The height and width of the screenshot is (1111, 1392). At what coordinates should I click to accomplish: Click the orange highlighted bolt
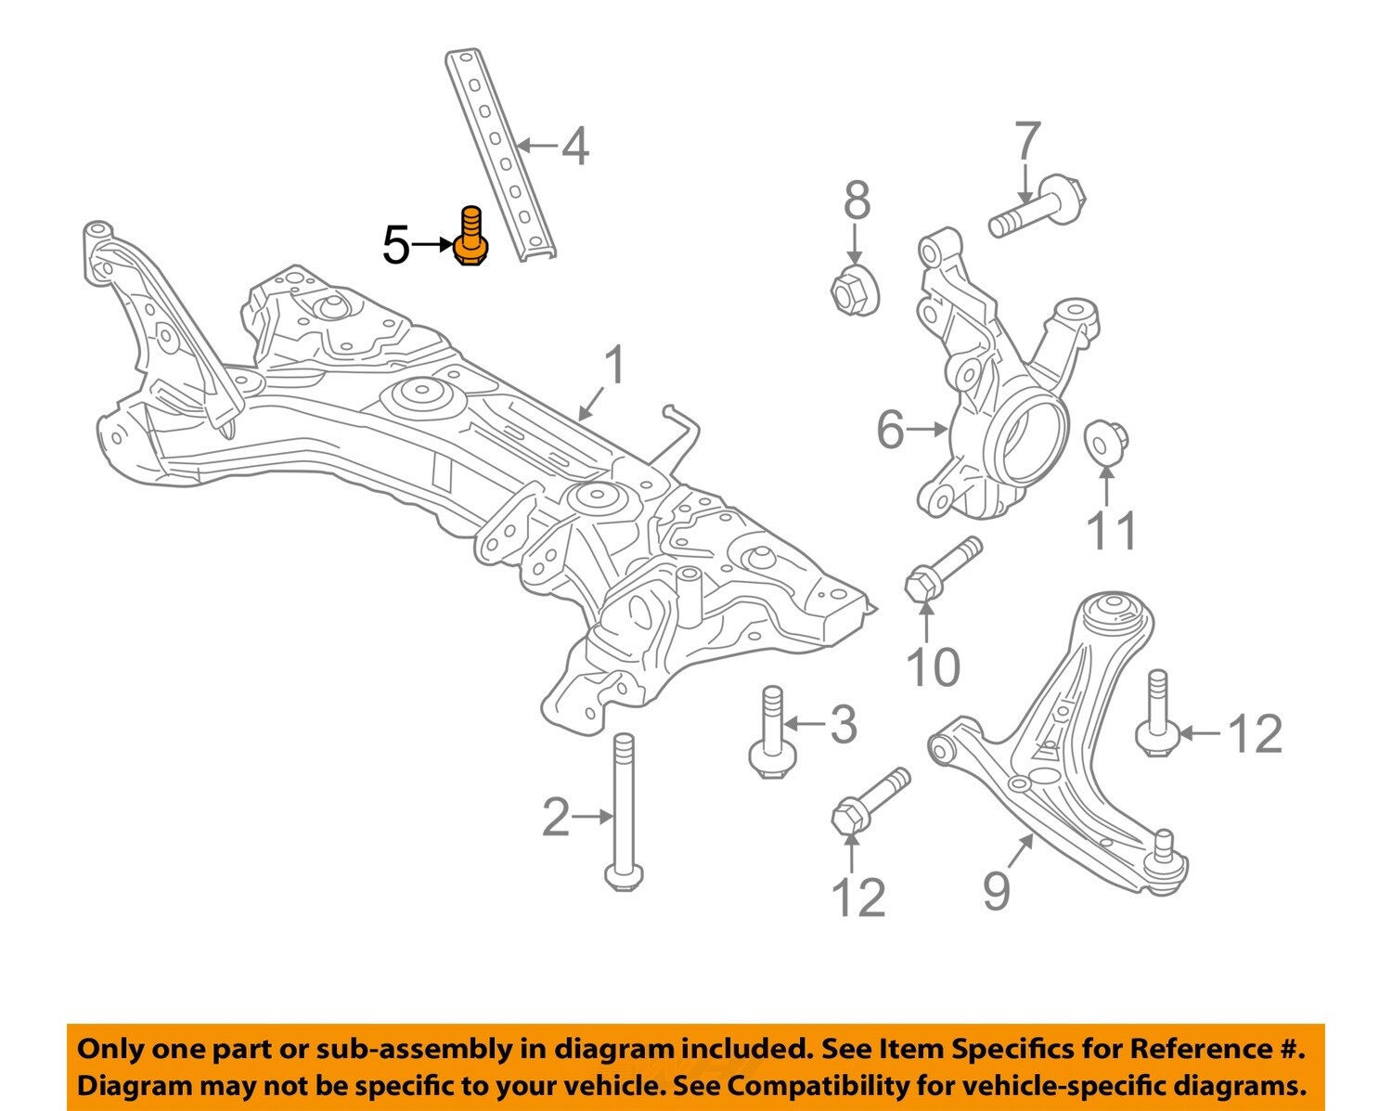tap(471, 238)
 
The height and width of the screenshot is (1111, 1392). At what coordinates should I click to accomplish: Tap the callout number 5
tap(396, 246)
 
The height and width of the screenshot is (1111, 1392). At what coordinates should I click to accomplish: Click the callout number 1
tap(613, 367)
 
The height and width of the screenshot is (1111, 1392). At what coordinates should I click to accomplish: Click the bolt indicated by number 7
tap(1036, 207)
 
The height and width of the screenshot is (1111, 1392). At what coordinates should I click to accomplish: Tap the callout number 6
tap(889, 431)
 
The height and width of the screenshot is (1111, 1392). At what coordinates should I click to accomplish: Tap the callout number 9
tap(997, 891)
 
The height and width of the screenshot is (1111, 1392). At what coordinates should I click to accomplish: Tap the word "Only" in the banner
tap(109, 1050)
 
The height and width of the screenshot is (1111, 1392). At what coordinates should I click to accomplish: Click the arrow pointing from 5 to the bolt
tap(432, 245)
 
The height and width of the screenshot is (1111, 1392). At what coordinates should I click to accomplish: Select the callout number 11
tap(1111, 532)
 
